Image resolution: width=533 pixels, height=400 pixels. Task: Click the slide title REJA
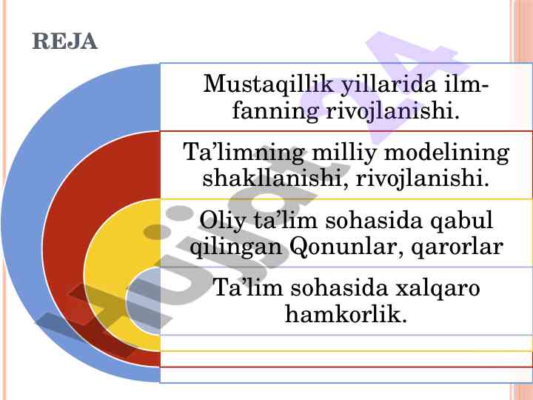coord(64,41)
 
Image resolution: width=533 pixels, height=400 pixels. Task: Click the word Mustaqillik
coord(268,84)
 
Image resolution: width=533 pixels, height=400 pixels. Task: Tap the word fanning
coord(275,111)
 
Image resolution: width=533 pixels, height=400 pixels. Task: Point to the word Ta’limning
coord(244,152)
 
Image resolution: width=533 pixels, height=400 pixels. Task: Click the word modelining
coord(446,152)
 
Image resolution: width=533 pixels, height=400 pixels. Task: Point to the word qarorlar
coord(457,247)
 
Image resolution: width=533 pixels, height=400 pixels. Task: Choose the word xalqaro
coord(438,288)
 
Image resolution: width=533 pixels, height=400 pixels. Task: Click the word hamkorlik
coord(346,314)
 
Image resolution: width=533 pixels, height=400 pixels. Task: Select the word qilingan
coord(236,247)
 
